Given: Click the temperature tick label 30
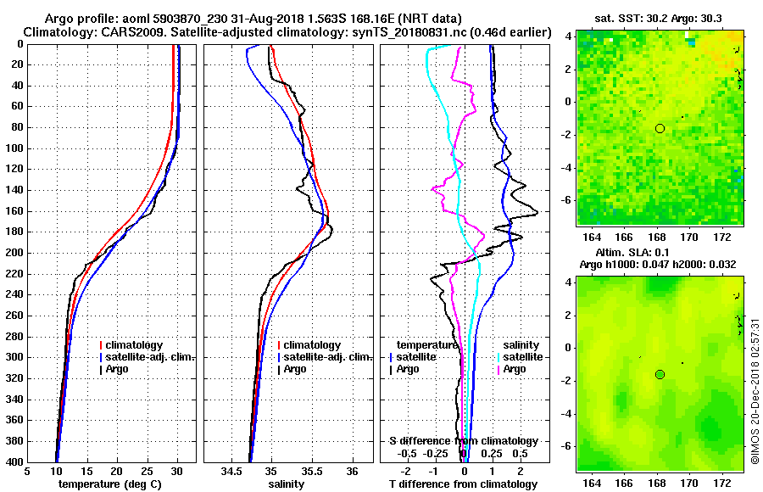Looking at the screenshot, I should coord(177,472).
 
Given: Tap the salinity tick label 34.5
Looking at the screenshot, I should coord(231,472).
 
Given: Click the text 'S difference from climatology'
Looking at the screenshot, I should coord(464,441).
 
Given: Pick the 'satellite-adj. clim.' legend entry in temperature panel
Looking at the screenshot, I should coord(151,357).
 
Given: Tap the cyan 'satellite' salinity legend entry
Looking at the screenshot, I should coord(517,357).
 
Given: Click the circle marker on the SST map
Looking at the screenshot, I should coord(660,128).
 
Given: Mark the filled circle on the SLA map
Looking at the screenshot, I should coord(660,374).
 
